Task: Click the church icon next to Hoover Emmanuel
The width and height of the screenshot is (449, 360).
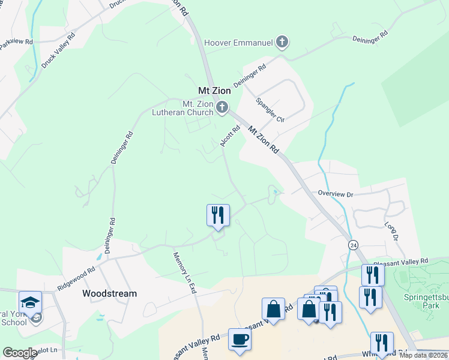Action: [283, 42]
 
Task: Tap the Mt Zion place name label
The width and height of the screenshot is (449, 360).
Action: [214, 91]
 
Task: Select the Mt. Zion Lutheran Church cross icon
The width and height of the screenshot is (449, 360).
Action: [223, 108]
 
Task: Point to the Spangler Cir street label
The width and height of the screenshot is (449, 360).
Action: [270, 110]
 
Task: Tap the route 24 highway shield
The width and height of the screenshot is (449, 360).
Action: [353, 245]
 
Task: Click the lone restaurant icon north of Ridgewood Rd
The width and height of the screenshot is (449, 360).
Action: [218, 215]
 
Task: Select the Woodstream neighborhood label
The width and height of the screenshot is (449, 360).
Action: [109, 293]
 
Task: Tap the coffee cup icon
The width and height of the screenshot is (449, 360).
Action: [240, 339]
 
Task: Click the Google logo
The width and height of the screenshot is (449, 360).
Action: [20, 353]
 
